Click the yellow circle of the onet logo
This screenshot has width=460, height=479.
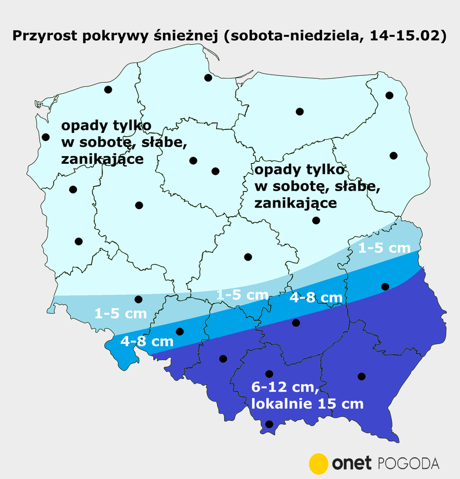(319, 463)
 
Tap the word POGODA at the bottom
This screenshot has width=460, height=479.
(408, 464)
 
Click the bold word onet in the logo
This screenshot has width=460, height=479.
(352, 464)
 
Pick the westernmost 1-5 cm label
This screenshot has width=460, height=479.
(120, 314)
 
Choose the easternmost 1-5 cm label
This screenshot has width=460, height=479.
(384, 248)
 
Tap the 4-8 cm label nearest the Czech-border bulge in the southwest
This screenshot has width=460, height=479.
(147, 341)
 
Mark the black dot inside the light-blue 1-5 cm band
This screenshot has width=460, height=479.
(139, 300)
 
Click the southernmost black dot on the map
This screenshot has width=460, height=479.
(269, 424)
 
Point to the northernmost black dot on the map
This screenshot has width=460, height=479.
(208, 78)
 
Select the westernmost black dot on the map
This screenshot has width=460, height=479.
(46, 138)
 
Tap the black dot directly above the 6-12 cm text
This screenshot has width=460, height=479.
(269, 374)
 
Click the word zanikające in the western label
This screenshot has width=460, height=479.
(101, 159)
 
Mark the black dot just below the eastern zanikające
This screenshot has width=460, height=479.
(316, 220)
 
